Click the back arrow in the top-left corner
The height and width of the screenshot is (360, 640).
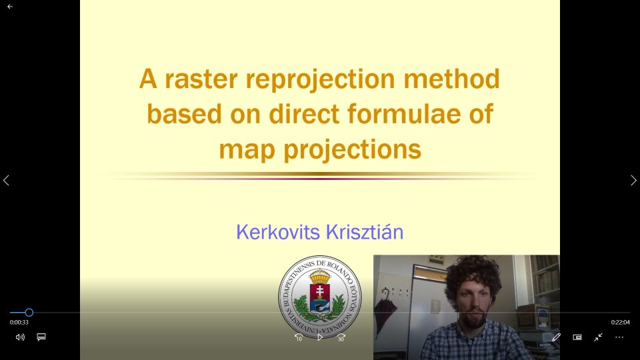click(x=10, y=7)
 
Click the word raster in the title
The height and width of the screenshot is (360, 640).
click(x=201, y=79)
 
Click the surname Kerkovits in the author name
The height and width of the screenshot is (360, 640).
click(x=278, y=232)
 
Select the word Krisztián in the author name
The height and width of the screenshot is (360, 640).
click(x=365, y=232)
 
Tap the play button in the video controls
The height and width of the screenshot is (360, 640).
click(x=320, y=337)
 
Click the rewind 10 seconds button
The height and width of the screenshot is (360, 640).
click(x=299, y=337)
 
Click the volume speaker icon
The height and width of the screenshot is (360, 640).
click(x=20, y=337)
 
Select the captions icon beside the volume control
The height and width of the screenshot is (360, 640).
click(x=41, y=337)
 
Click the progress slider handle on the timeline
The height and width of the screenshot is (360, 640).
click(x=29, y=313)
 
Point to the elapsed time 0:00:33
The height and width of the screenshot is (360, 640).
click(x=19, y=322)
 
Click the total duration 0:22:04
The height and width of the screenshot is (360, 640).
click(x=621, y=322)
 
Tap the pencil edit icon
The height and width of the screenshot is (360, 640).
click(x=556, y=337)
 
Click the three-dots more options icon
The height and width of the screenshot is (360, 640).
click(x=619, y=337)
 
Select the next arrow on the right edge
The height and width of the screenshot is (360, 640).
click(x=633, y=180)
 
